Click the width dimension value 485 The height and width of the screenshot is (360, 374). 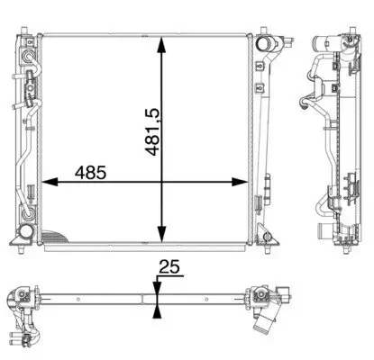point(91,170)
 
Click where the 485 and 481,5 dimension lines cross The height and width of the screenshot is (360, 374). point(161,184)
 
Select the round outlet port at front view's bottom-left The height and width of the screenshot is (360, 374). point(25,238)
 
